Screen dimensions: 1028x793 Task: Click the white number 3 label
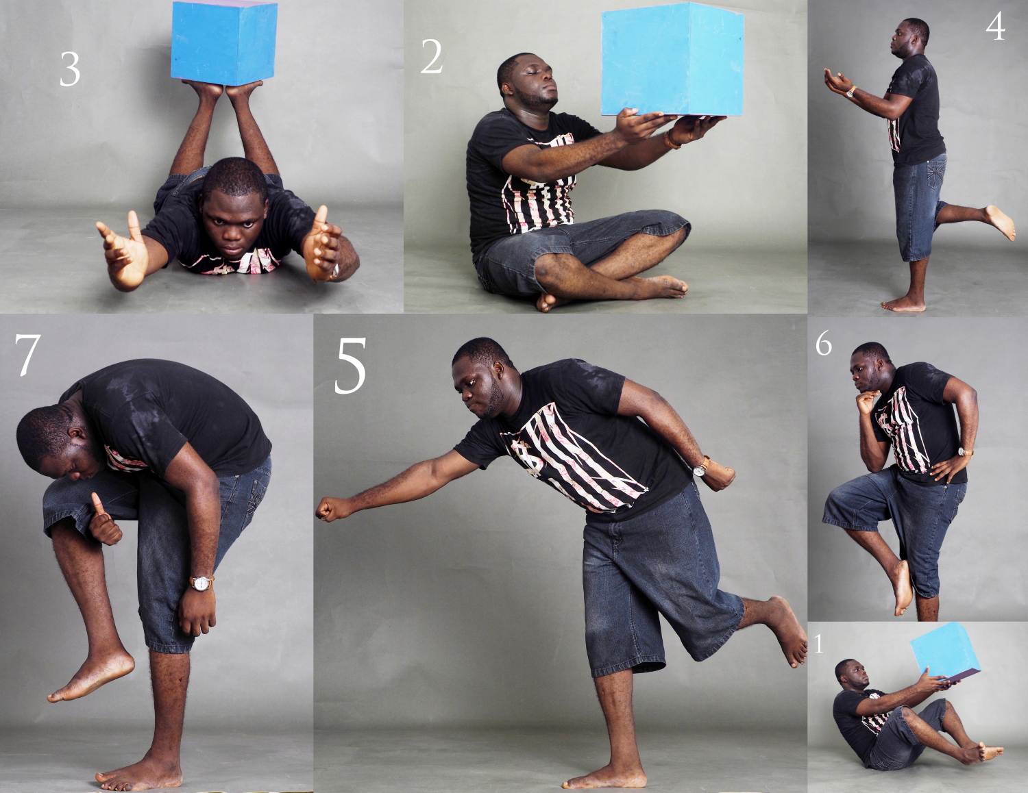click(x=70, y=69)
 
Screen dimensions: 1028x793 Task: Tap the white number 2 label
click(x=432, y=57)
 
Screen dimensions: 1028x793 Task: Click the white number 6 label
click(x=824, y=344)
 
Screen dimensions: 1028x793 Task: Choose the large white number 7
click(x=26, y=355)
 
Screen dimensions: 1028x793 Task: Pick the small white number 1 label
click(x=819, y=644)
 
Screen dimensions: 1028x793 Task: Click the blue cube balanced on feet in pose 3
click(x=224, y=43)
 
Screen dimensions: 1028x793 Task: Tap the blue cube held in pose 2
click(x=672, y=59)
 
